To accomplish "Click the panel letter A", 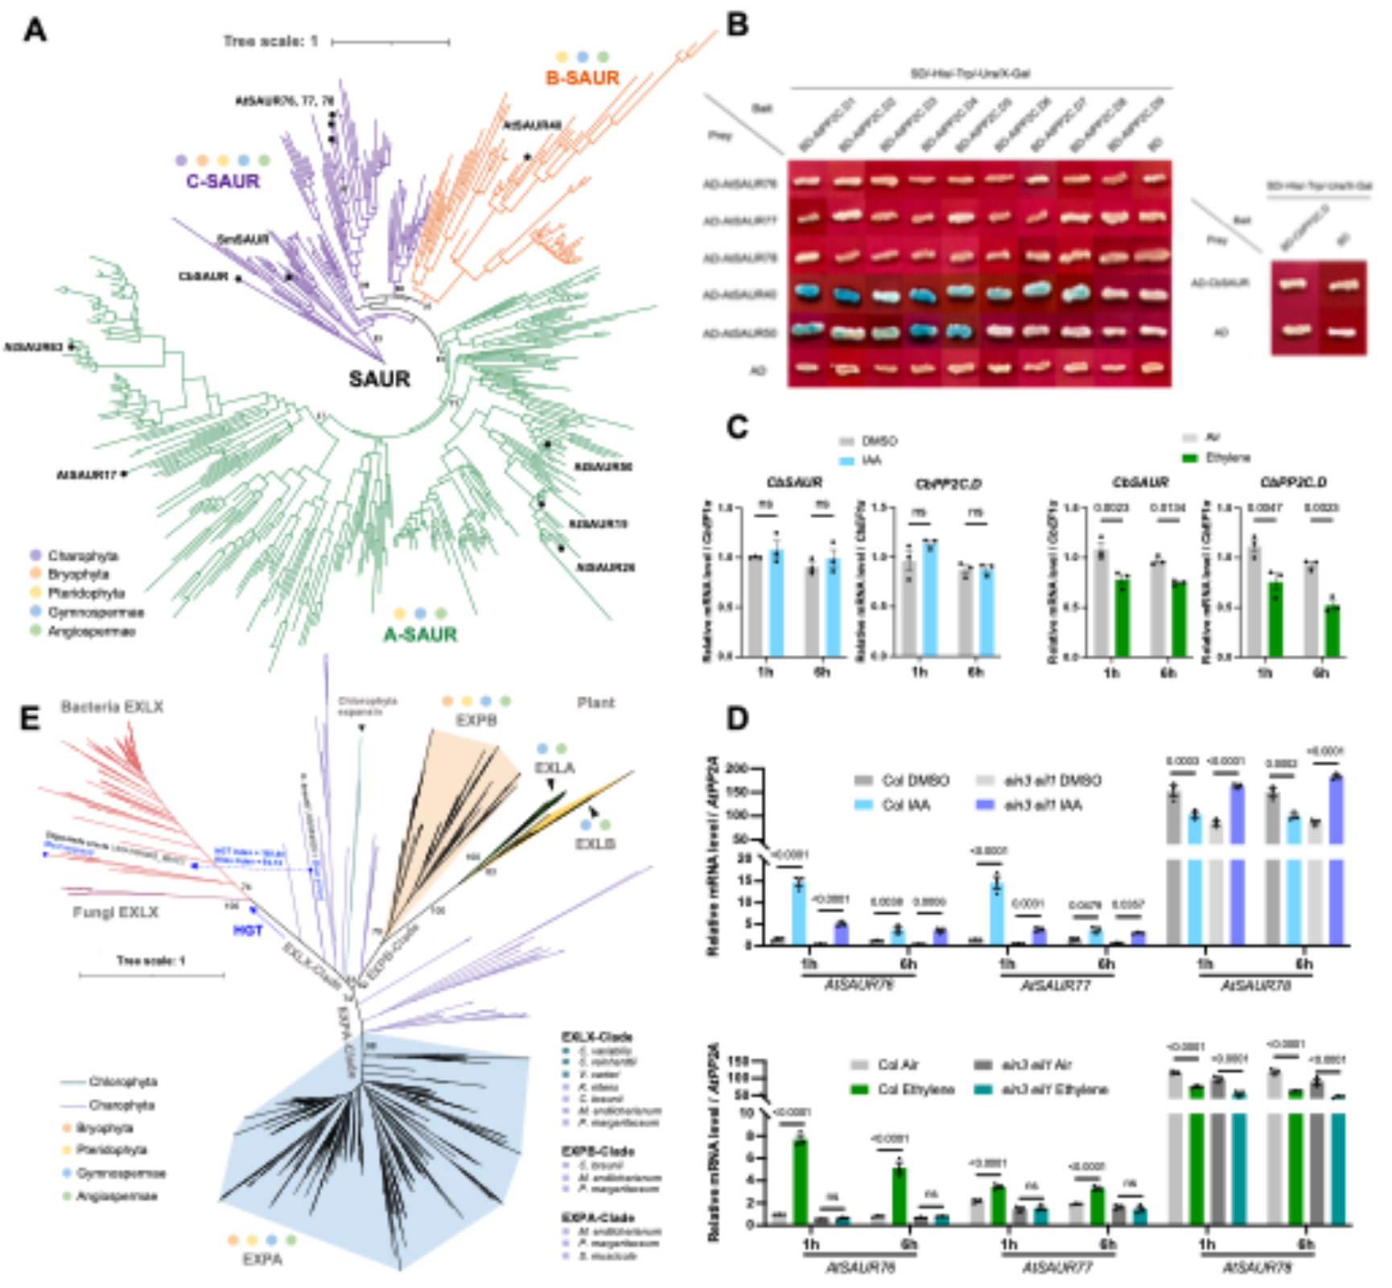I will (x=35, y=31).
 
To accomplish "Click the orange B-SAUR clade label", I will (x=583, y=78).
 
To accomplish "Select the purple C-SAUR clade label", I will (x=223, y=181).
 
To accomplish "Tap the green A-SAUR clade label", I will (x=420, y=635).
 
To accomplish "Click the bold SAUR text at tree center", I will (x=379, y=379).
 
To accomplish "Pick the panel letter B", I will (x=737, y=26).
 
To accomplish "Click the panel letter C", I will (x=737, y=427).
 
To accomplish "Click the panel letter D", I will (x=737, y=718).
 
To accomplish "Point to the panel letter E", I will (x=30, y=718).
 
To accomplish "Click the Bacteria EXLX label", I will (x=112, y=707).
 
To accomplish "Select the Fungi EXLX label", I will (x=115, y=912).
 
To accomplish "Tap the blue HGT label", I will (x=248, y=931).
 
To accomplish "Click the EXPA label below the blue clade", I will (x=262, y=1259).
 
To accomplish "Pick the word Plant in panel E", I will (x=595, y=703).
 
